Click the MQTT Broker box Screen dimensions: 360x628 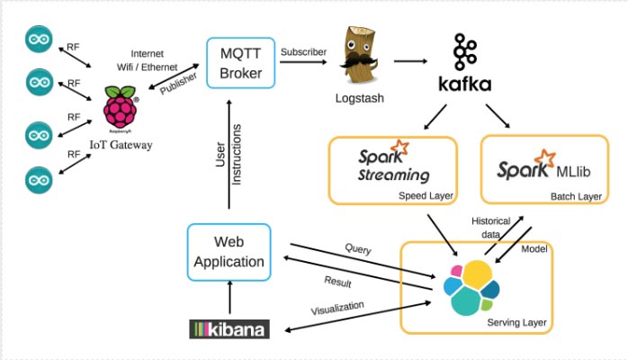click(x=240, y=62)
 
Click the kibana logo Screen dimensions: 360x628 click(x=229, y=328)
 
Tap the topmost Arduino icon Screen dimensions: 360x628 click(x=39, y=40)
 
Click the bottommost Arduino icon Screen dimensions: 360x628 click(x=39, y=177)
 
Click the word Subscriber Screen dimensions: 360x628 click(x=304, y=51)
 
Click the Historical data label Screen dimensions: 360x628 click(x=490, y=225)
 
